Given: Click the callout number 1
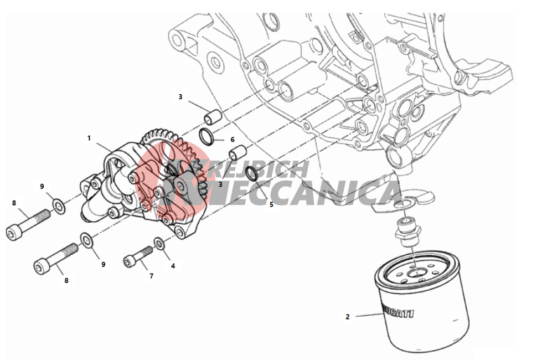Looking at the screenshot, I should coord(89,137).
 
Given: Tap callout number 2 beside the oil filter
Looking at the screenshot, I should coord(348,317).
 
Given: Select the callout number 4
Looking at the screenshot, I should coord(173,266).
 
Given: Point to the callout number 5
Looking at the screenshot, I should coord(271,204).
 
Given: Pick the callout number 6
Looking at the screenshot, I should coord(233,140).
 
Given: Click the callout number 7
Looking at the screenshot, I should coord(151,275).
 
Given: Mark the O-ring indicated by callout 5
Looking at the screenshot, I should coord(251,173).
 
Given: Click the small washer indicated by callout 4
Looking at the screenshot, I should coord(159,243).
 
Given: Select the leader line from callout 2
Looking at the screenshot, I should coord(368,316).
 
